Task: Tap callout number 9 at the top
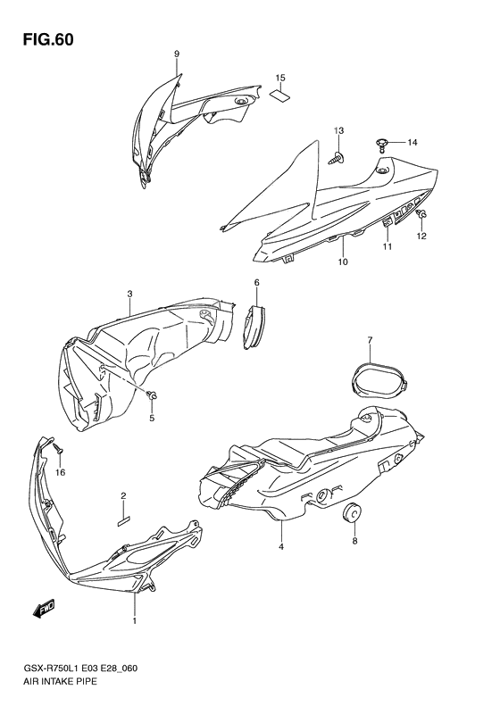(177, 54)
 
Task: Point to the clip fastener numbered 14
(382, 142)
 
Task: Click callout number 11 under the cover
(387, 246)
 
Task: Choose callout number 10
(342, 262)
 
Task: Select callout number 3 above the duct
(129, 294)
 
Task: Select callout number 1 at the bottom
(135, 620)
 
